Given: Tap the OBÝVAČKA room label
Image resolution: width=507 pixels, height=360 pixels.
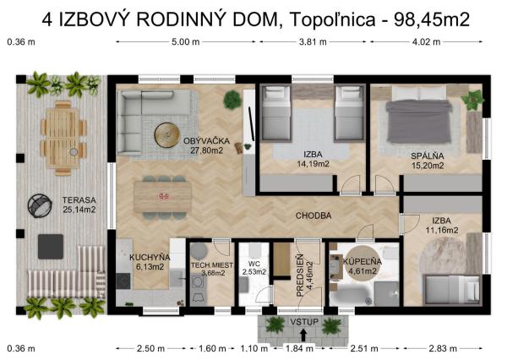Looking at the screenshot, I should click(208, 145).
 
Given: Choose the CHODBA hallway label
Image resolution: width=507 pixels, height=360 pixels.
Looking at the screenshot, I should click(313, 215).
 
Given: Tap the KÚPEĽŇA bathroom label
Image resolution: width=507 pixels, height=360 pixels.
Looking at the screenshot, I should click(361, 265).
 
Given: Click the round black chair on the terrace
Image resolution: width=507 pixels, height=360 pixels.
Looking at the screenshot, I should click(40, 205).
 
